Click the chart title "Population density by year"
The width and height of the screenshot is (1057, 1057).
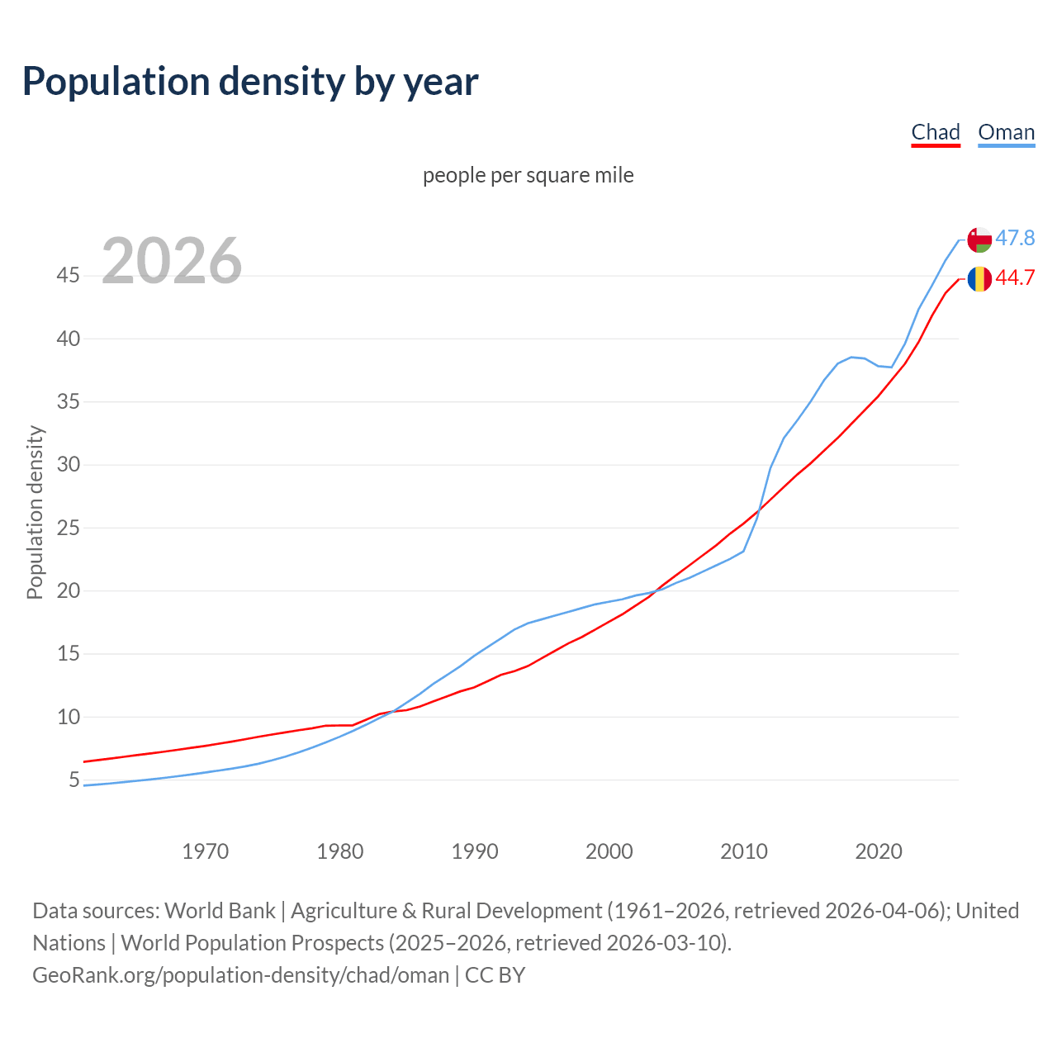(250, 81)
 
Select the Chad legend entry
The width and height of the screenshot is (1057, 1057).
(936, 132)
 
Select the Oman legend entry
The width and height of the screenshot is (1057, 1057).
(1006, 132)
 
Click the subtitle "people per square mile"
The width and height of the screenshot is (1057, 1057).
(528, 175)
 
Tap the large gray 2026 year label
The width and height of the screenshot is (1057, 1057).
(172, 261)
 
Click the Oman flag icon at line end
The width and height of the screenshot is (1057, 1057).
(979, 239)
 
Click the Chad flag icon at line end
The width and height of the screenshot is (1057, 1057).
(979, 279)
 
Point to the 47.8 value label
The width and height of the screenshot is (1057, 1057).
(1015, 239)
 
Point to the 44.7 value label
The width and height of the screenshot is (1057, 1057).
(1015, 278)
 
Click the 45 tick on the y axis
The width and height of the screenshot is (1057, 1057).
(69, 275)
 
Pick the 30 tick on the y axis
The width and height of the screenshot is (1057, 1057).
(69, 464)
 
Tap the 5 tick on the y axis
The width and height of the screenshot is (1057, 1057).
(74, 780)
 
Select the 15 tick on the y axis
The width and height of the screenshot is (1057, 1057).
(69, 653)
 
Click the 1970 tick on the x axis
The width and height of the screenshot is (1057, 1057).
(206, 851)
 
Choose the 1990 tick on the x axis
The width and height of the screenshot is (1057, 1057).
(475, 851)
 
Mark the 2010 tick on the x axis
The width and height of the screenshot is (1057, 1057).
(744, 851)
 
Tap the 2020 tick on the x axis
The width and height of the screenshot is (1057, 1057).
(879, 851)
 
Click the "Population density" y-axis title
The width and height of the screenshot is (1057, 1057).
(35, 512)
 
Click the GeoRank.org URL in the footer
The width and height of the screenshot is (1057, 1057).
(240, 975)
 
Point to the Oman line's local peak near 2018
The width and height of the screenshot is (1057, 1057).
(852, 357)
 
